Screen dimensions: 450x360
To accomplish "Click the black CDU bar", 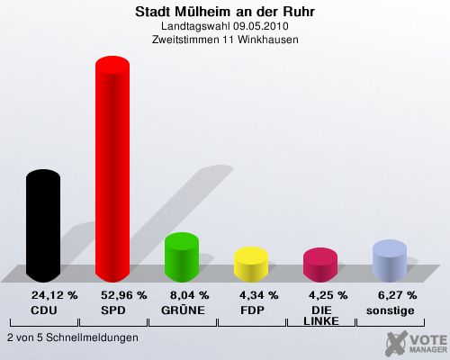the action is tap(43, 226).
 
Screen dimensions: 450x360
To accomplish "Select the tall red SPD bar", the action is tap(112, 169).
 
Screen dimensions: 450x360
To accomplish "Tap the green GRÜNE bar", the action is tap(182, 257).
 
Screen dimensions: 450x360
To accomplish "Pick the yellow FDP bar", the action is tap(251, 265).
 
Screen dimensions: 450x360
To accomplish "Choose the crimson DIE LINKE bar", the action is tap(320, 265).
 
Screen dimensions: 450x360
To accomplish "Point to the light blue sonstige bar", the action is tap(390, 261).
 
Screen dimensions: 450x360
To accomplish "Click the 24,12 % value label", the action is tap(55, 295).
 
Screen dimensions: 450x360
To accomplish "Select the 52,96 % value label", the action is tap(124, 295).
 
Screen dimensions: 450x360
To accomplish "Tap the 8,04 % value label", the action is tap(190, 295).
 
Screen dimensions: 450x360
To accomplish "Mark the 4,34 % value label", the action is tap(259, 295).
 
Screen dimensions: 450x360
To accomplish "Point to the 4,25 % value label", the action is tap(328, 295).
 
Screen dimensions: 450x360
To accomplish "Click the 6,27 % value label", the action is tap(398, 295).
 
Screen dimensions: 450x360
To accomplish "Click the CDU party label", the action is tap(44, 310).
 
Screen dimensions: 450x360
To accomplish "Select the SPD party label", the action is tap(113, 310).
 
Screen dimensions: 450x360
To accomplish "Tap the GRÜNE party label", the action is tap(183, 310).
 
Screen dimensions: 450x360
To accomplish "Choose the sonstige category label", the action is tap(391, 311).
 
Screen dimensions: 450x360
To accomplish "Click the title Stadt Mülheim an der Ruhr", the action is tap(225, 12).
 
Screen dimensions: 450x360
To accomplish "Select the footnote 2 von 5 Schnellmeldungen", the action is tap(73, 337).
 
